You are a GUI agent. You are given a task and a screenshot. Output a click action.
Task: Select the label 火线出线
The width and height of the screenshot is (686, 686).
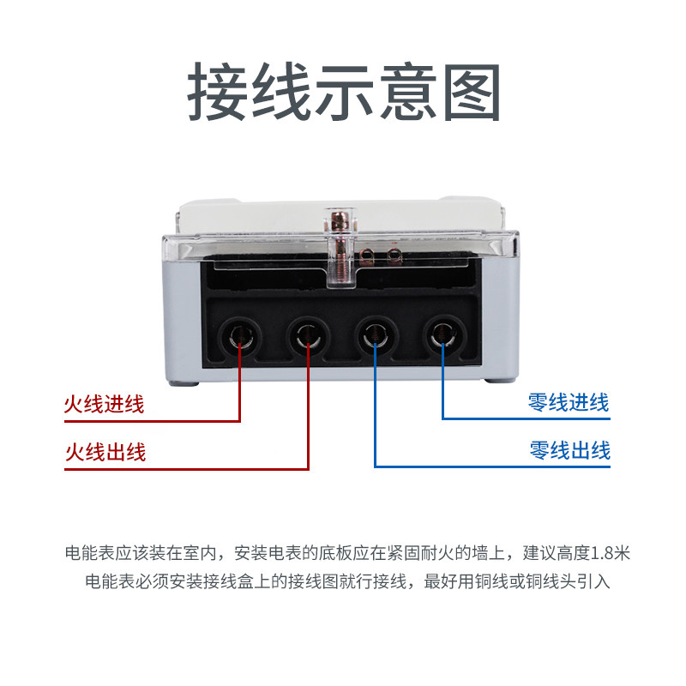(105, 452)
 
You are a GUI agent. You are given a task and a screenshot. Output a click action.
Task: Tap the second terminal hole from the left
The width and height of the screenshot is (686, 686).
(307, 334)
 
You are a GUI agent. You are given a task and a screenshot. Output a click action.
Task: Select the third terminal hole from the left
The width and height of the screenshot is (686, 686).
(375, 334)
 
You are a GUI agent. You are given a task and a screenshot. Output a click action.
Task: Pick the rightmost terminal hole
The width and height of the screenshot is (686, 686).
(442, 334)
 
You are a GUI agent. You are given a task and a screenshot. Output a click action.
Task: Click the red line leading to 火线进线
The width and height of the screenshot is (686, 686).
(239, 386)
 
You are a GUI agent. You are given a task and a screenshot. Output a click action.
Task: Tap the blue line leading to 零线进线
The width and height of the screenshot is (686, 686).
(442, 386)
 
